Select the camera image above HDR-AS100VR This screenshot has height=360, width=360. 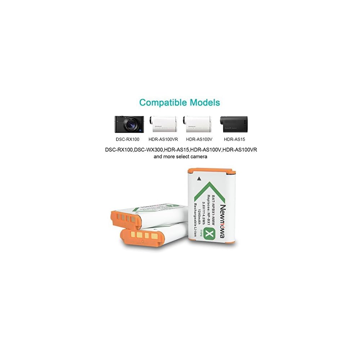point(163,124)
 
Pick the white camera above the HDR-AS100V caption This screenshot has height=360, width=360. point(197,124)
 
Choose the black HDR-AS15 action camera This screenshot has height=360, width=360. point(234,124)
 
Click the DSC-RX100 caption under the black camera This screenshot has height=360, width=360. point(127,139)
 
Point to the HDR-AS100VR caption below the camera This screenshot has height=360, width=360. point(163,139)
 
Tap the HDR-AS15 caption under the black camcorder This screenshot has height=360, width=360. point(234,139)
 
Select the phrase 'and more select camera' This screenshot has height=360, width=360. point(180,157)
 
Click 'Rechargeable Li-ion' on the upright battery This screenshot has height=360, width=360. point(195,220)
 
